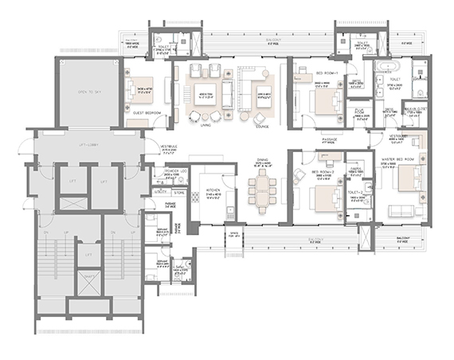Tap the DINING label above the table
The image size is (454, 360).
(262, 162)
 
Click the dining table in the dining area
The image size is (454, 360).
(263, 192)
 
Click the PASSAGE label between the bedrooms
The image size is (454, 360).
(330, 139)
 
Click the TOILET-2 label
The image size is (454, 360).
(355, 192)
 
